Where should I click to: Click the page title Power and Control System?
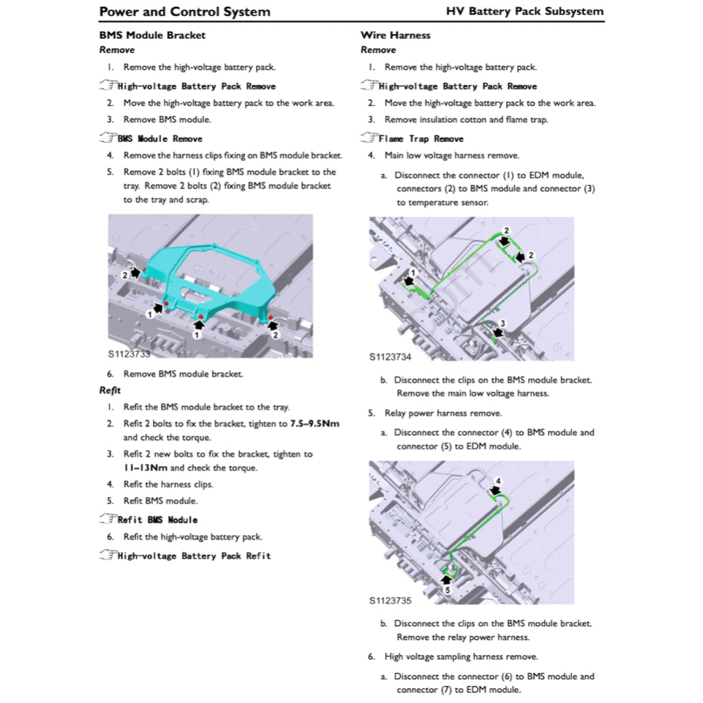(185, 12)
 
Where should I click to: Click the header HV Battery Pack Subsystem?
(525, 12)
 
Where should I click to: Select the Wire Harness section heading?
(395, 35)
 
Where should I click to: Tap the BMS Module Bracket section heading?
(152, 35)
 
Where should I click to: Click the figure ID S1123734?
(390, 357)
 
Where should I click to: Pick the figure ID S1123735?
(390, 600)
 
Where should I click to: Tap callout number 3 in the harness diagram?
(503, 323)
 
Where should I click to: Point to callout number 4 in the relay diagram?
(498, 480)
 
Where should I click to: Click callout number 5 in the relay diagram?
(447, 589)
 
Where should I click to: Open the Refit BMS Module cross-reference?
(157, 520)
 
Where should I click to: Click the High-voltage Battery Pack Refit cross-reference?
(194, 555)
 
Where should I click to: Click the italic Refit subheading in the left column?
(110, 391)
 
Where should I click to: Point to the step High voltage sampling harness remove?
(461, 657)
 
